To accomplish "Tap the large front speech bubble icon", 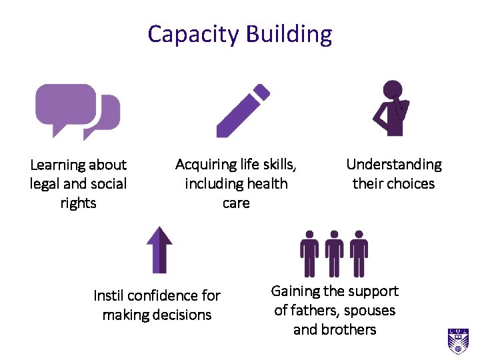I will point(65,107).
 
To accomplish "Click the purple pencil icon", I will point(243,111).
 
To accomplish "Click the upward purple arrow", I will point(159,249).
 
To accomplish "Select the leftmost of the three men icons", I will point(309,254).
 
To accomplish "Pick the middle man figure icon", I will point(334,254).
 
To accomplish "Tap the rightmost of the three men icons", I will point(359,254).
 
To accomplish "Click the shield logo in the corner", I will point(458,341).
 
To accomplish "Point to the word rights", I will point(78,203).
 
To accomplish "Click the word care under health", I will point(236,203).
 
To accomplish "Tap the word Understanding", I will point(394,165).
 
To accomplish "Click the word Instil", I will point(108,295).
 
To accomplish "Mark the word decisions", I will point(181,315).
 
